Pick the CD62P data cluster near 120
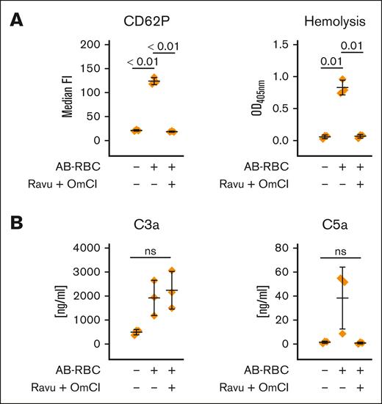[x=154, y=81]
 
